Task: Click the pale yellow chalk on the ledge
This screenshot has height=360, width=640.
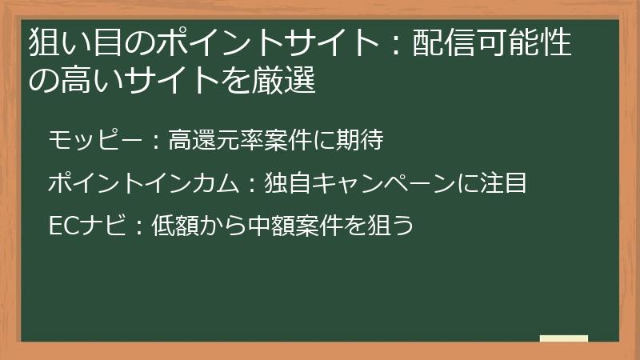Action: [x=563, y=338]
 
